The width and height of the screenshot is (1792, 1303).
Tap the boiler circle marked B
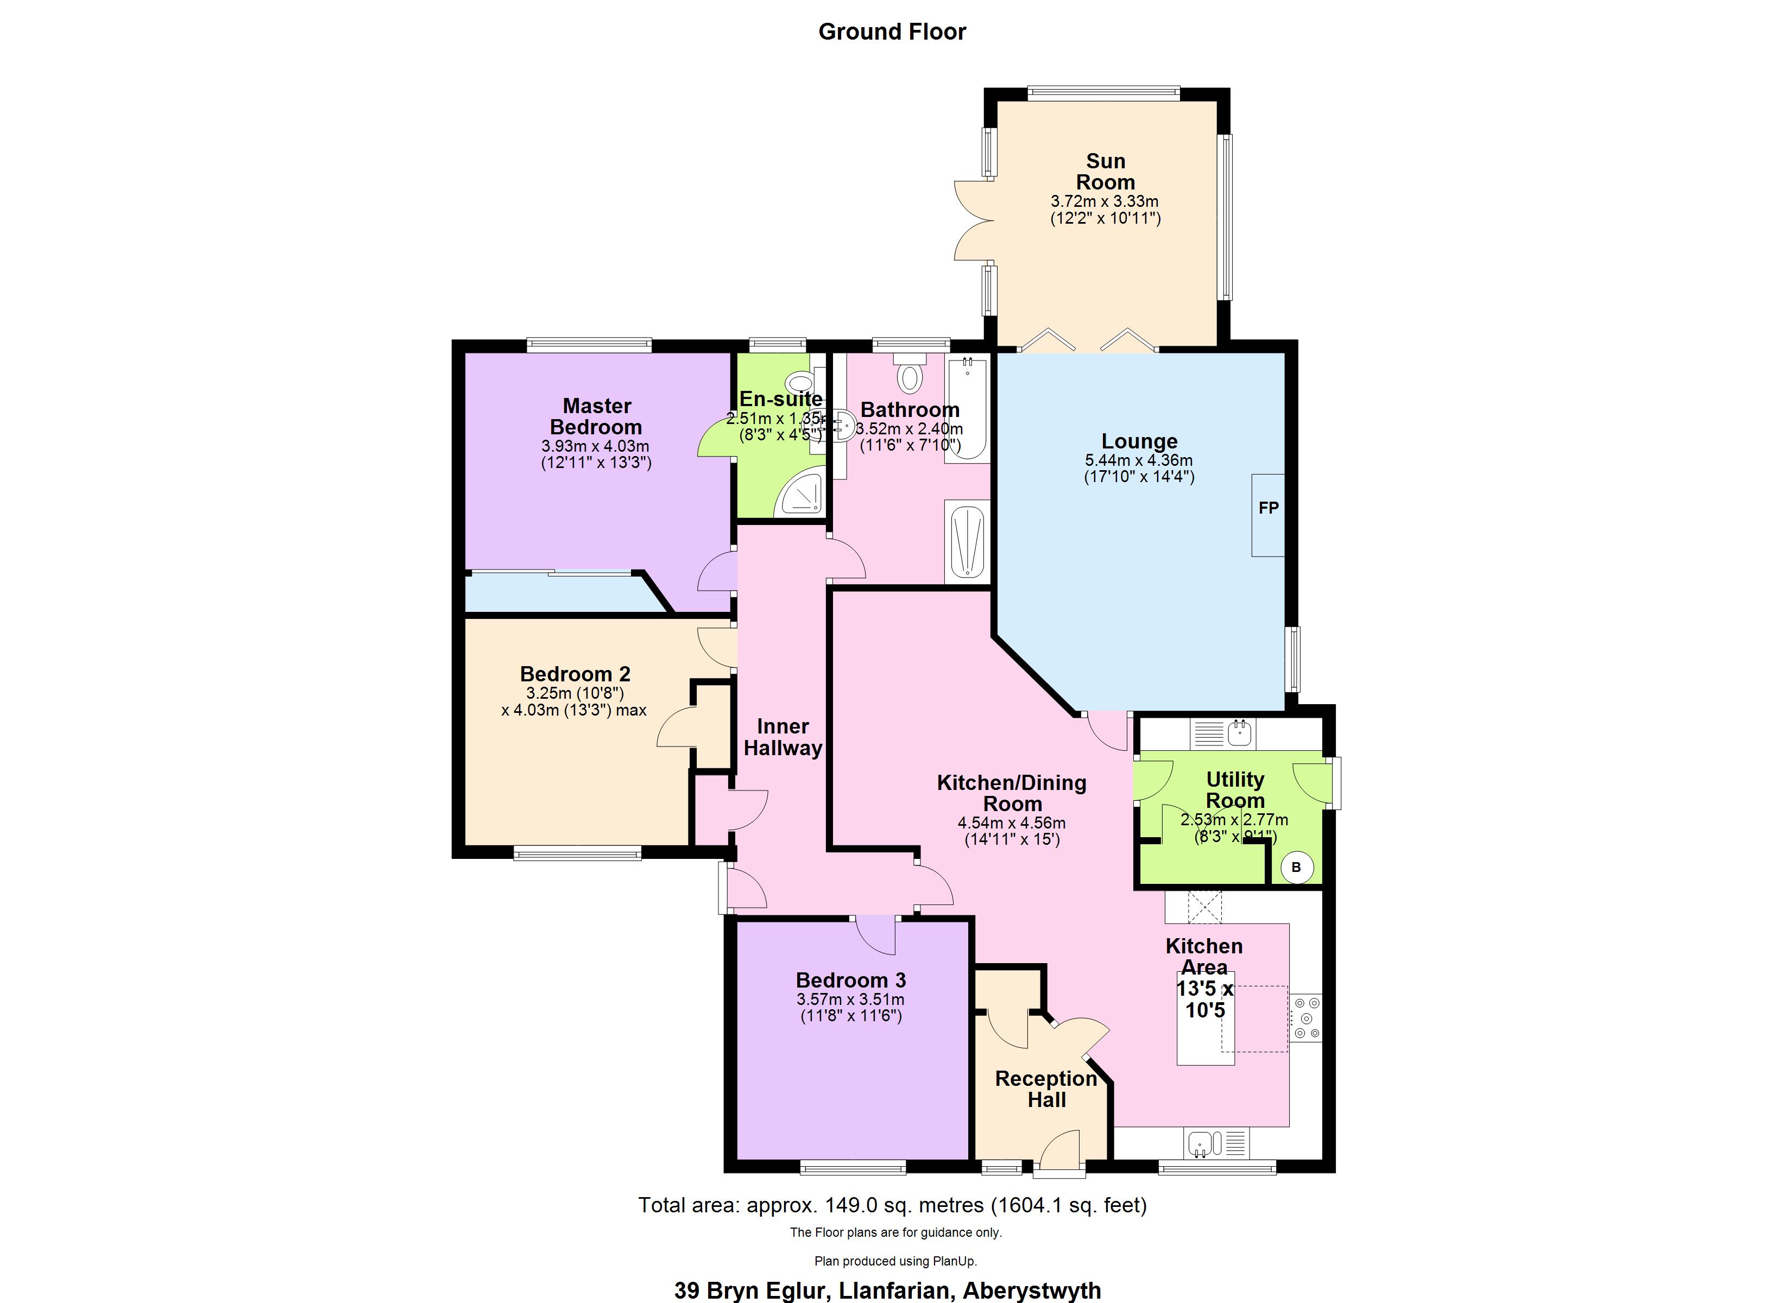1296,867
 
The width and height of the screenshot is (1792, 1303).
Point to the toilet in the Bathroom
910,375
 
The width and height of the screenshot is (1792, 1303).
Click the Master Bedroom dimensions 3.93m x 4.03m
595,446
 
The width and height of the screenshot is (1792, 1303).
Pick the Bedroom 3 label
850,980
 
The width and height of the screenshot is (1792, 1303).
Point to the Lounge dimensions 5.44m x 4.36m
1139,460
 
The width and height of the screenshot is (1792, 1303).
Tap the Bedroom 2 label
575,674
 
